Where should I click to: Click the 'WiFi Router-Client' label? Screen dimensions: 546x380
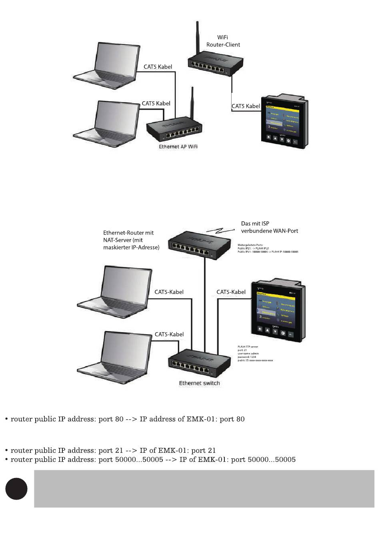pyautogui.click(x=223, y=41)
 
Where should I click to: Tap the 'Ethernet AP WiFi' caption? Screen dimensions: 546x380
pyautogui.click(x=178, y=147)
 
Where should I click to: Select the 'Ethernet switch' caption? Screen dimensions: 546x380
pyautogui.click(x=199, y=383)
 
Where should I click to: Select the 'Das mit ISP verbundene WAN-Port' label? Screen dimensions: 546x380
pyautogui.click(x=269, y=227)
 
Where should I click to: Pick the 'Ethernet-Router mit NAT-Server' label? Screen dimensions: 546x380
pyautogui.click(x=131, y=240)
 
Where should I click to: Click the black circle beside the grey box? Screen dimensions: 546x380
pyautogui.click(x=16, y=489)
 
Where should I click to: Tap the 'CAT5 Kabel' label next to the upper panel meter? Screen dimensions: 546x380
pyautogui.click(x=246, y=106)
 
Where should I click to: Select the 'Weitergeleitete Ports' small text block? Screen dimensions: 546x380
pyautogui.click(x=268, y=248)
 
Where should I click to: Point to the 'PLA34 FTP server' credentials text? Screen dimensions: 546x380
pyautogui.click(x=255, y=353)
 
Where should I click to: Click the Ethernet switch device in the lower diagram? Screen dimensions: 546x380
pyautogui.click(x=200, y=362)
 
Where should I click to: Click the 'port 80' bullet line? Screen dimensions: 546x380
pyautogui.click(x=127, y=419)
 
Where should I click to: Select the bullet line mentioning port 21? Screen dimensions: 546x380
pyautogui.click(x=113, y=450)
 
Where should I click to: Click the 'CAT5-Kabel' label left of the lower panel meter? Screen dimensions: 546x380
pyautogui.click(x=231, y=292)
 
